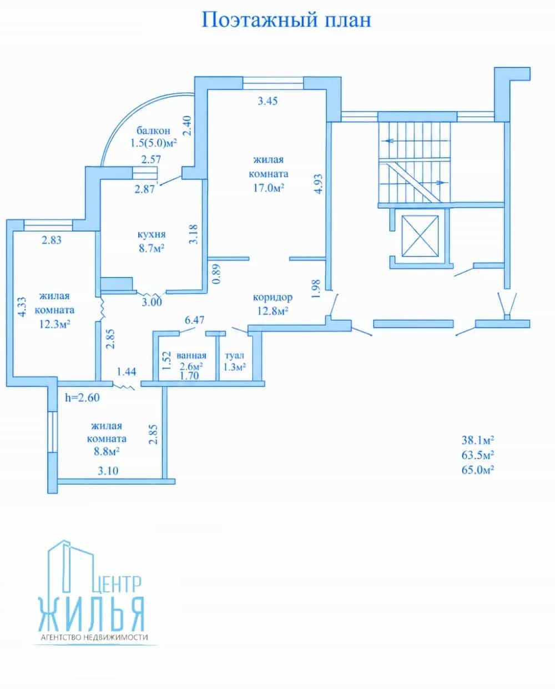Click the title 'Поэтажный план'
pyautogui.click(x=286, y=20)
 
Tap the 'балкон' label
pyautogui.click(x=153, y=130)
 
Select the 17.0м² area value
pyautogui.click(x=269, y=188)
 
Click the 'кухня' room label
pyautogui.click(x=152, y=235)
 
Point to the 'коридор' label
pyautogui.click(x=273, y=298)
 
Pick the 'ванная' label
pyautogui.click(x=191, y=355)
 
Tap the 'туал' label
pyautogui.click(x=235, y=355)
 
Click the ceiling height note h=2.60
pyautogui.click(x=82, y=398)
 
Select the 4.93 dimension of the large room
pyautogui.click(x=319, y=184)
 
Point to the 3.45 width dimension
pyautogui.click(x=268, y=101)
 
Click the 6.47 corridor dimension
pyautogui.click(x=195, y=320)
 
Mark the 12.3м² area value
pyautogui.click(x=55, y=324)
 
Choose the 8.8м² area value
pyautogui.click(x=107, y=452)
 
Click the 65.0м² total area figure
pyautogui.click(x=477, y=470)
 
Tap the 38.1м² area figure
pyautogui.click(x=477, y=440)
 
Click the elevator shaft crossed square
pyautogui.click(x=420, y=236)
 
